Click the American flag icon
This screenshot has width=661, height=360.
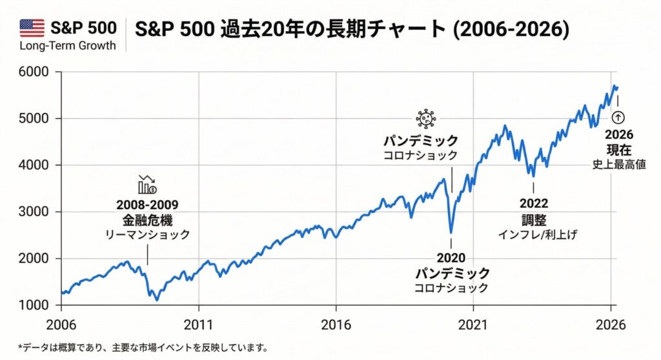(32, 27)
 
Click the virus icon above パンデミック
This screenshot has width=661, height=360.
(426, 119)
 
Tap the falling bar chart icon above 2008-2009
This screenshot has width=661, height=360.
(147, 185)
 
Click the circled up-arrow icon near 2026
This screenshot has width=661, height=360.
(618, 117)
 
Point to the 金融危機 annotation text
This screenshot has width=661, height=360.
(147, 220)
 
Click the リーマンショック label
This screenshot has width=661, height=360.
(147, 235)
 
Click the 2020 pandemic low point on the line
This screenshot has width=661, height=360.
(451, 232)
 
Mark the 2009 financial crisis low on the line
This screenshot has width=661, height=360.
(156, 299)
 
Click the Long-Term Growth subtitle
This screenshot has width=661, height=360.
(68, 46)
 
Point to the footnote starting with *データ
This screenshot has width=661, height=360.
(143, 348)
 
